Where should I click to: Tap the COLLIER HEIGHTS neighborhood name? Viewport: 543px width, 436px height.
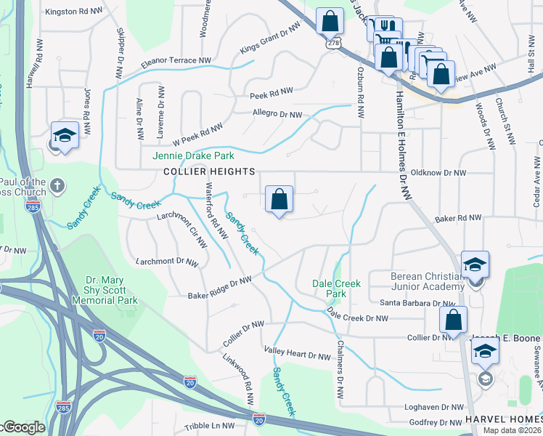coord(209,171)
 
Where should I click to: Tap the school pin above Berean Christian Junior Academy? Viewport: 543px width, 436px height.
coord(475,265)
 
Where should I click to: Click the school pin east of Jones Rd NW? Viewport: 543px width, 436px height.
coord(65,135)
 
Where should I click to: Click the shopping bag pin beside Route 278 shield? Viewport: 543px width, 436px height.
coord(330,22)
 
